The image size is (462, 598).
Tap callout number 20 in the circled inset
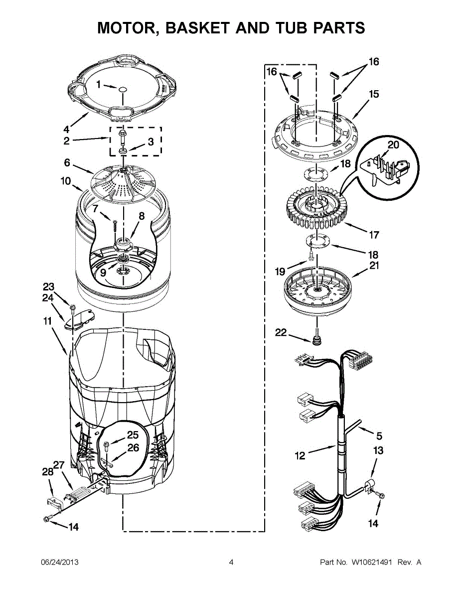pyautogui.click(x=393, y=145)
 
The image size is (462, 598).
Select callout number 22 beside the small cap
pyautogui.click(x=281, y=332)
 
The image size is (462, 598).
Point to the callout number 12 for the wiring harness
pyautogui.click(x=300, y=455)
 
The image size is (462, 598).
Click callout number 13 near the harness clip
pyautogui.click(x=378, y=451)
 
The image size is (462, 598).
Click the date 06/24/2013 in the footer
pyautogui.click(x=59, y=563)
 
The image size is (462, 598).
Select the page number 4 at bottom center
pyautogui.click(x=231, y=563)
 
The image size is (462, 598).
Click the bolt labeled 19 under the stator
pyautogui.click(x=312, y=257)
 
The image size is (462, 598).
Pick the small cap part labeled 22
pyautogui.click(x=315, y=342)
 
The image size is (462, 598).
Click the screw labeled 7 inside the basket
pyautogui.click(x=115, y=225)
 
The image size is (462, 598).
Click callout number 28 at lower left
pyautogui.click(x=47, y=472)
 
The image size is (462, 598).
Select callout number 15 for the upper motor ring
pyautogui.click(x=373, y=94)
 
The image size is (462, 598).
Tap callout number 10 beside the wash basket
pyautogui.click(x=66, y=181)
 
